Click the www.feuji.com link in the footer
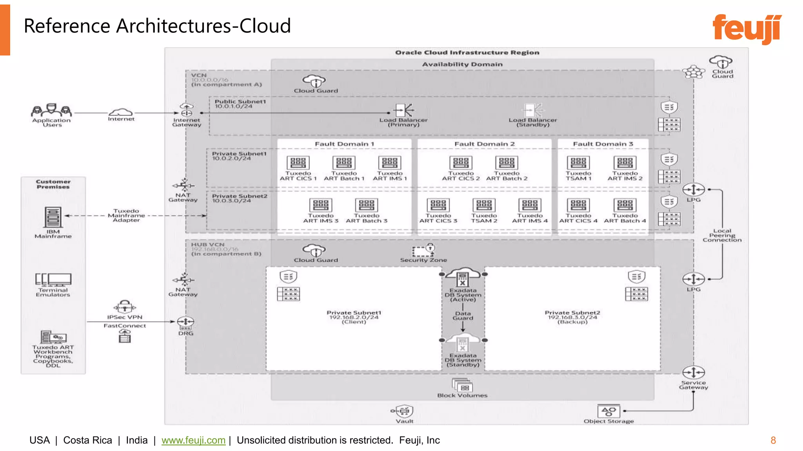[x=193, y=440]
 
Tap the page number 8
[x=773, y=440]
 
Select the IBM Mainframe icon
[x=53, y=217]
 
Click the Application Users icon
[x=51, y=110]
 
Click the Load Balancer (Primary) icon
[x=403, y=110]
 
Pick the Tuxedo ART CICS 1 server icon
[x=298, y=162]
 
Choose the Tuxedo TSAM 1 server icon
[x=578, y=162]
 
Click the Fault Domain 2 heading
[x=484, y=144]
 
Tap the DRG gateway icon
[x=185, y=323]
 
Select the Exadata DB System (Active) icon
[x=463, y=277]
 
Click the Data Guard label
[x=463, y=316]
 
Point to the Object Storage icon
[x=609, y=411]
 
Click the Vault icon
[x=404, y=411]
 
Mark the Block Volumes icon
[x=462, y=386]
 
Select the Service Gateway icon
[x=693, y=372]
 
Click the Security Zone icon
[x=423, y=250]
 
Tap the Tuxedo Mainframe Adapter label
[x=126, y=215]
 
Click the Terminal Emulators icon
[x=53, y=279]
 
